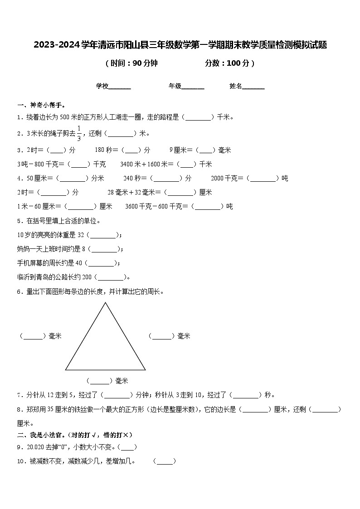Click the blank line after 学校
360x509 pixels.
click(x=120, y=87)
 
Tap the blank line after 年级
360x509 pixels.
click(x=193, y=87)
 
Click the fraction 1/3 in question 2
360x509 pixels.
click(x=79, y=133)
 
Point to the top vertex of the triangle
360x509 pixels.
click(x=105, y=303)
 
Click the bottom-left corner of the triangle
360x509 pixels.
click(x=66, y=369)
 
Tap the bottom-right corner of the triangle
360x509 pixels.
click(x=145, y=369)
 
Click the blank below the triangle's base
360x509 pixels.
click(x=99, y=381)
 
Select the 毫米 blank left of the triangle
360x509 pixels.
click(x=33, y=336)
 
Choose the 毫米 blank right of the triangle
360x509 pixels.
click(x=162, y=336)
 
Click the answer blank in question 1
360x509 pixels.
click(x=198, y=118)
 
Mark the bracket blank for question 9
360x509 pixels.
click(x=128, y=447)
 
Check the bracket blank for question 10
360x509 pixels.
click(x=165, y=462)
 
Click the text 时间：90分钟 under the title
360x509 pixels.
click(x=131, y=63)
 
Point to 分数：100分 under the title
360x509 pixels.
click(x=229, y=63)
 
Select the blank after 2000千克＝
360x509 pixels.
click(x=263, y=179)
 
